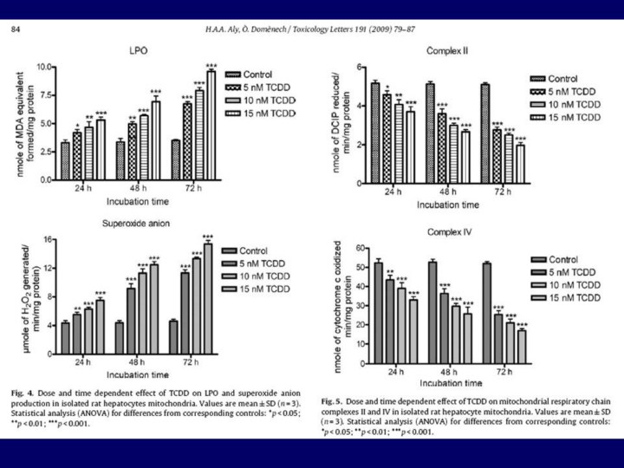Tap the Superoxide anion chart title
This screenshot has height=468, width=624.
137,223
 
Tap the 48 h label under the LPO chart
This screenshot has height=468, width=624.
138,192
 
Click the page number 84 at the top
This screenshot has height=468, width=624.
17,30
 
